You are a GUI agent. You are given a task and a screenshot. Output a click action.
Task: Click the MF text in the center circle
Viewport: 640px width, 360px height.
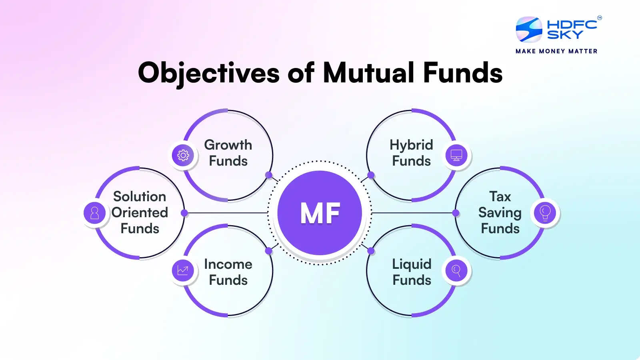coord(320,213)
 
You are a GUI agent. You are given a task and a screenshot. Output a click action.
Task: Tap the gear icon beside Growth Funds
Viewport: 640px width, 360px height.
coord(183,155)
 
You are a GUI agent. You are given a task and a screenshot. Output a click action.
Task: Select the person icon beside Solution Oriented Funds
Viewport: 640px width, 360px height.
coord(95,213)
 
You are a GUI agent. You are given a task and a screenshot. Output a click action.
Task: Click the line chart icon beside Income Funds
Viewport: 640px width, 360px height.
coord(183,270)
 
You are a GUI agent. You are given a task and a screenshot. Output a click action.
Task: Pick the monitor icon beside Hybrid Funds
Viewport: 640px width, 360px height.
coord(456,155)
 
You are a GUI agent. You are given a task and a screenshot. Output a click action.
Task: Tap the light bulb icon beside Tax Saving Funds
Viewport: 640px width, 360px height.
coord(545,213)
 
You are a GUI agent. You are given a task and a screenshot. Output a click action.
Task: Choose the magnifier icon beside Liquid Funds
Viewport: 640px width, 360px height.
coord(456,270)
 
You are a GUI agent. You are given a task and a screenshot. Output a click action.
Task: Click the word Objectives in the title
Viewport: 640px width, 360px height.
coord(209,73)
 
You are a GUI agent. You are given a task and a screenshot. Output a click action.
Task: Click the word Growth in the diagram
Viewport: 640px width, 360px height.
coord(228,145)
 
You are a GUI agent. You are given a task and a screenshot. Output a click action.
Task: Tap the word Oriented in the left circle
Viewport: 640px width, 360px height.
coord(140,212)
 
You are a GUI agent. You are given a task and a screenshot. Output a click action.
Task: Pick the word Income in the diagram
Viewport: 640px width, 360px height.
coord(228,264)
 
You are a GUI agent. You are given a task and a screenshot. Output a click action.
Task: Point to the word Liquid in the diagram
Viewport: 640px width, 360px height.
coord(412,265)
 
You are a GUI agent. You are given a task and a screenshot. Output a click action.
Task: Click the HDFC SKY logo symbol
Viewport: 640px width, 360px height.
coord(529,30)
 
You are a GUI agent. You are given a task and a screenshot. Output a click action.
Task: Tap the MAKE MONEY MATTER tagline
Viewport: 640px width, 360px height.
coord(556,51)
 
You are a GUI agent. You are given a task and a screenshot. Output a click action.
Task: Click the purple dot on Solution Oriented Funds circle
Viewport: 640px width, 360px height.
coord(184,213)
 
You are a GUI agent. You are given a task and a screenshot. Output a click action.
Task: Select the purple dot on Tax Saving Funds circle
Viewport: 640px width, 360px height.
coord(456,213)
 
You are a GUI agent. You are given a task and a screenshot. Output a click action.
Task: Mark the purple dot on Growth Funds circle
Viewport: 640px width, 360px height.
coord(269,175)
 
